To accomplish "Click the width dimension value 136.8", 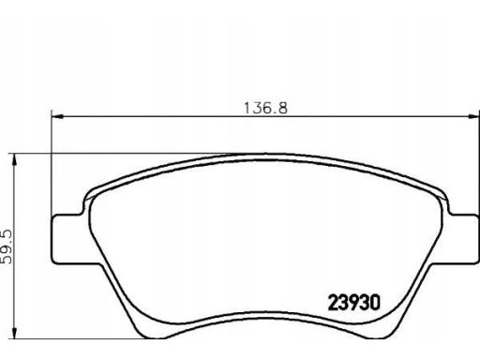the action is pos(265,108).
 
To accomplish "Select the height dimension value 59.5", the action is pos(6,247).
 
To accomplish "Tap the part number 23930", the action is pos(354,303).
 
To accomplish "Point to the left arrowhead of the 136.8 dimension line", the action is pos(57,116).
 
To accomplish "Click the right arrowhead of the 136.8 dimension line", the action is pos(472,116).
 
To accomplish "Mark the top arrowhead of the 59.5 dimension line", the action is pos(14,160).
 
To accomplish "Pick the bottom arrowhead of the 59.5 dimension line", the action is pos(14,332).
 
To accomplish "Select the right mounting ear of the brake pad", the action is pos(463,239).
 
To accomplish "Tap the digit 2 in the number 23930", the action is pos(333,303).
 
